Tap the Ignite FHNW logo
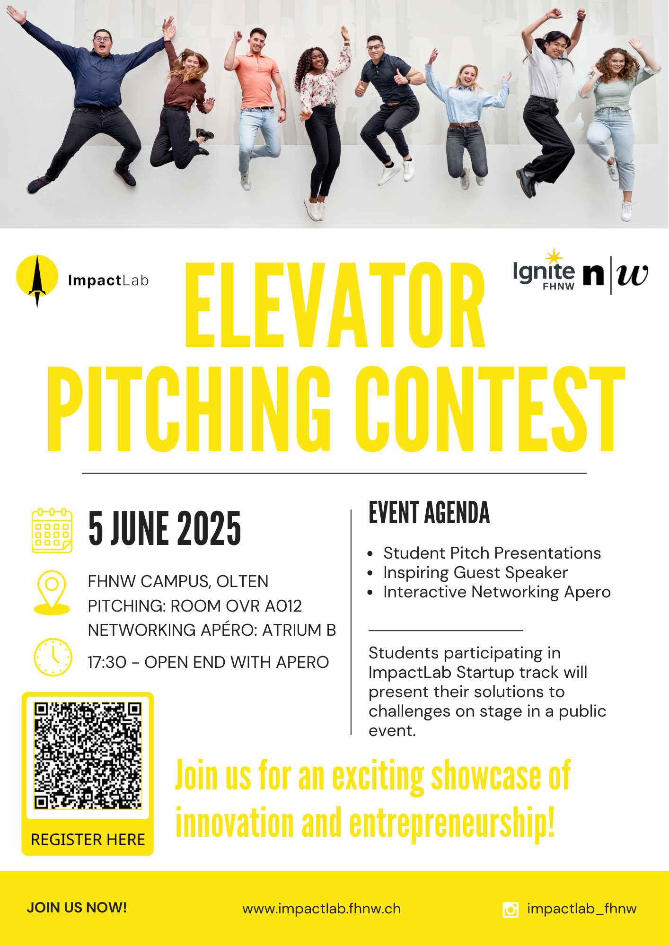[x=544, y=271]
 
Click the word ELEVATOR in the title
[x=335, y=305]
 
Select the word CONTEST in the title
[x=490, y=409]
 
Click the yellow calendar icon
[x=52, y=531]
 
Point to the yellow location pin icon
[x=52, y=592]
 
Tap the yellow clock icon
[x=53, y=657]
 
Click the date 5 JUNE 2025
[x=165, y=528]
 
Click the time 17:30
[x=107, y=662]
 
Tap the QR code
[x=88, y=755]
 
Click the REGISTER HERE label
[x=88, y=840]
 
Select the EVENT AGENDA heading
[x=429, y=513]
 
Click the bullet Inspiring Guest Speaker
[x=475, y=572]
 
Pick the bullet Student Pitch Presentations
[x=492, y=553]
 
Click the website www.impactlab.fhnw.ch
[x=322, y=909]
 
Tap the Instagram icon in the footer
[x=511, y=909]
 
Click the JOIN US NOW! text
[x=77, y=907]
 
